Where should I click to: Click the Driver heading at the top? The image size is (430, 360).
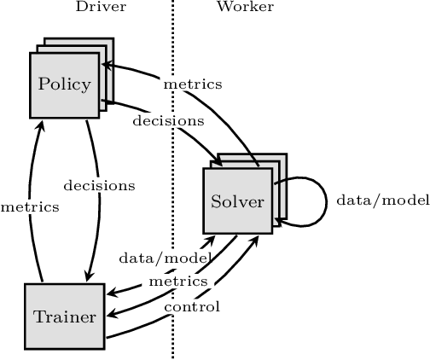coord(101,8)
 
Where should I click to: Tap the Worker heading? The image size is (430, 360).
coord(245,8)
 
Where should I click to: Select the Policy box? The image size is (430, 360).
coord(65,84)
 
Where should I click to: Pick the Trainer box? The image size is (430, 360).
coord(64,316)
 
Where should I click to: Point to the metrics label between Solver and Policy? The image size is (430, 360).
coord(194,84)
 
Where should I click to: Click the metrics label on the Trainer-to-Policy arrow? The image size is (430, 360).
coord(30,206)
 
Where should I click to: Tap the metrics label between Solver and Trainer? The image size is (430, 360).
coord(177,281)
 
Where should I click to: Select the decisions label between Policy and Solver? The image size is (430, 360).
coord(168,120)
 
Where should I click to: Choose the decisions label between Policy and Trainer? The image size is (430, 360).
coord(99,184)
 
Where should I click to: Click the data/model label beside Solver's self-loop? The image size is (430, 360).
coord(370,200)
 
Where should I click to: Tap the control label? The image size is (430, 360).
coord(191,306)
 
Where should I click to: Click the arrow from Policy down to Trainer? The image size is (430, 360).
coord(96,213)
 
